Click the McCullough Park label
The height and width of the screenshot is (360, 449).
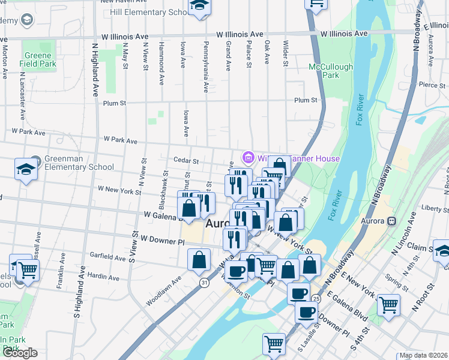(324, 71)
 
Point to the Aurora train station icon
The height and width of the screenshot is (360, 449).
(392, 221)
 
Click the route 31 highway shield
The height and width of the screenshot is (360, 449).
(204, 282)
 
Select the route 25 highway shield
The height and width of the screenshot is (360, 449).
(316, 298)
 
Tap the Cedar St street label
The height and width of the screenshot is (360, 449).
(185, 161)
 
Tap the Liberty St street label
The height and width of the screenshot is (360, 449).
(436, 208)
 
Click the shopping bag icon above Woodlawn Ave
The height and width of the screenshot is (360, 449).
(199, 261)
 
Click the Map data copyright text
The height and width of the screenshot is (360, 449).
(423, 355)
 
